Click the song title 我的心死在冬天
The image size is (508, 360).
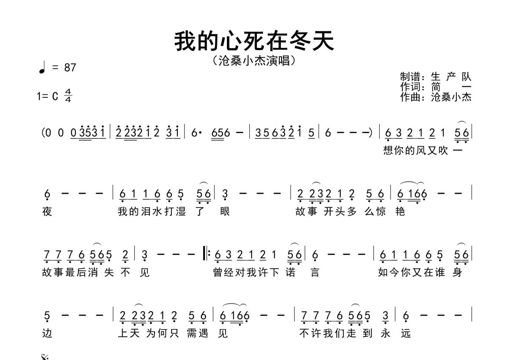click(254, 41)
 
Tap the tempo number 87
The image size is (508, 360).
click(70, 68)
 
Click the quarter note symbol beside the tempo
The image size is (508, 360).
click(42, 68)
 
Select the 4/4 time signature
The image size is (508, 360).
click(68, 95)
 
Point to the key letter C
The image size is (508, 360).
click(55, 96)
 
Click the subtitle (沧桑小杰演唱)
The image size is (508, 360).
click(254, 61)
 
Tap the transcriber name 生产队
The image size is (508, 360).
click(451, 77)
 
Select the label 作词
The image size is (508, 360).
click(410, 87)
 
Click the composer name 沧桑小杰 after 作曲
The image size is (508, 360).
click(451, 97)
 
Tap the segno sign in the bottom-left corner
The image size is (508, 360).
click(45, 357)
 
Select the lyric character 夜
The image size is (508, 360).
click(47, 211)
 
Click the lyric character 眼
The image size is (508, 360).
click(225, 211)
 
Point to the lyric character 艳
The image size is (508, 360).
click(400, 211)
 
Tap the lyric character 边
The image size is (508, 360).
click(47, 333)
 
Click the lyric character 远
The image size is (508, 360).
click(406, 333)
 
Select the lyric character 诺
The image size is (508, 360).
click(290, 272)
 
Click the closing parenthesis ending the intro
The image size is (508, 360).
click(370, 133)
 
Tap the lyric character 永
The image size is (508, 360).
click(385, 333)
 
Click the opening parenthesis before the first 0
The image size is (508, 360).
click(43, 133)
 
